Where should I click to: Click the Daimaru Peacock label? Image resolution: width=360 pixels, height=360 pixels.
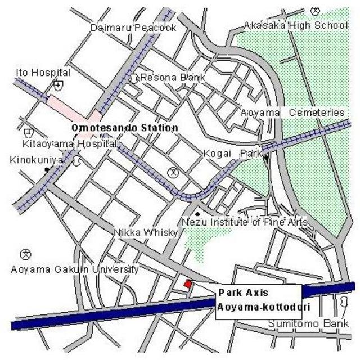pos(133,28)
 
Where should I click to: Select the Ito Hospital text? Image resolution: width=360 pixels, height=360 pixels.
pos(43,73)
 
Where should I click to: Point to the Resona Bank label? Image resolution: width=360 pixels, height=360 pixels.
pos(172,77)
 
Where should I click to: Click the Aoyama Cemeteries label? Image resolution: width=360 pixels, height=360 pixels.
pos(292,112)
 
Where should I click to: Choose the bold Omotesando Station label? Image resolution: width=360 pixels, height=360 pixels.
pos(125,128)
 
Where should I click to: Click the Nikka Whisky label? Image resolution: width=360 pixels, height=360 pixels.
pos(146,232)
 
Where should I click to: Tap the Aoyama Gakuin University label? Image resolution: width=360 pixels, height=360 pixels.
pos(75,269)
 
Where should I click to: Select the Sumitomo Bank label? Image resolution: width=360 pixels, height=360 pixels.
pos(308,324)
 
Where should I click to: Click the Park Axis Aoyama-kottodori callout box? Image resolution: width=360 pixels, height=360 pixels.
pos(259,301)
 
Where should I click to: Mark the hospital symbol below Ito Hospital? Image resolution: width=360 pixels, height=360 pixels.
pos(57,85)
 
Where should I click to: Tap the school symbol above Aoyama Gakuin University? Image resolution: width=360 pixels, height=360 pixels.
pos(25,254)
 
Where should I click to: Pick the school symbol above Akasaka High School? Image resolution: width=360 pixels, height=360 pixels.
pos(315,11)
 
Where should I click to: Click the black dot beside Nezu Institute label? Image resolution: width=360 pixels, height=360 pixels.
pos(197,214)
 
